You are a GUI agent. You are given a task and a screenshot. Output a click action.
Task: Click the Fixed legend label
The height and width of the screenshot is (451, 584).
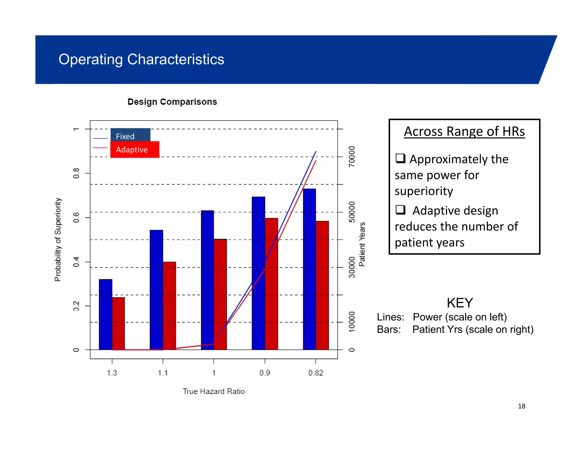pyautogui.click(x=125, y=136)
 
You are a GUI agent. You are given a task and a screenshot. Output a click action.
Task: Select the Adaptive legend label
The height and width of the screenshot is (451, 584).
pyautogui.click(x=132, y=150)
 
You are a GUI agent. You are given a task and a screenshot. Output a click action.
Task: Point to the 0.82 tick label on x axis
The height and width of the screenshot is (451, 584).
pyautogui.click(x=316, y=373)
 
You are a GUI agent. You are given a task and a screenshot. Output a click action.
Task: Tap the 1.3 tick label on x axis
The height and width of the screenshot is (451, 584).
pyautogui.click(x=112, y=373)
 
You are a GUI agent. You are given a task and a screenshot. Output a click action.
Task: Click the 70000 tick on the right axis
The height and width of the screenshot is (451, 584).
pyautogui.click(x=352, y=157)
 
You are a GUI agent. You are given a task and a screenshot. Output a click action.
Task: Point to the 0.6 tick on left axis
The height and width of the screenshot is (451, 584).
pyautogui.click(x=76, y=218)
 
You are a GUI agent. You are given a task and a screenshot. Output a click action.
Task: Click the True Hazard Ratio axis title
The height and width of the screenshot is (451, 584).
pyautogui.click(x=214, y=391)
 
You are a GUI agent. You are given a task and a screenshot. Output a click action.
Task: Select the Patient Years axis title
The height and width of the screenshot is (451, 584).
pyautogui.click(x=362, y=244)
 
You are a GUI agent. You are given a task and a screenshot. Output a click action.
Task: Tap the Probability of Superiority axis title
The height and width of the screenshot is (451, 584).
pyautogui.click(x=58, y=239)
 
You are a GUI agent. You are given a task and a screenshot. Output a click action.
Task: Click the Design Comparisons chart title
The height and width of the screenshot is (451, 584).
pyautogui.click(x=172, y=102)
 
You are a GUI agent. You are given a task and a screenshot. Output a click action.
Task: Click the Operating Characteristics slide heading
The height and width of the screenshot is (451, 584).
pyautogui.click(x=141, y=59)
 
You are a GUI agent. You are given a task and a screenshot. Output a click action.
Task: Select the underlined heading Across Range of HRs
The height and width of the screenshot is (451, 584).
pyautogui.click(x=464, y=132)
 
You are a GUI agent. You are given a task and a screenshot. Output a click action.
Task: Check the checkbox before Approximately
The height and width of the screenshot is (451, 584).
pyautogui.click(x=400, y=158)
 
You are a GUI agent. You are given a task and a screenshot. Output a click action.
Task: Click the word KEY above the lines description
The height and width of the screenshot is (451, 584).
pyautogui.click(x=460, y=303)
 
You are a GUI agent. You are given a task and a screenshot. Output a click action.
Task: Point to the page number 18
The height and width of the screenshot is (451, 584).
pyautogui.click(x=522, y=406)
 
